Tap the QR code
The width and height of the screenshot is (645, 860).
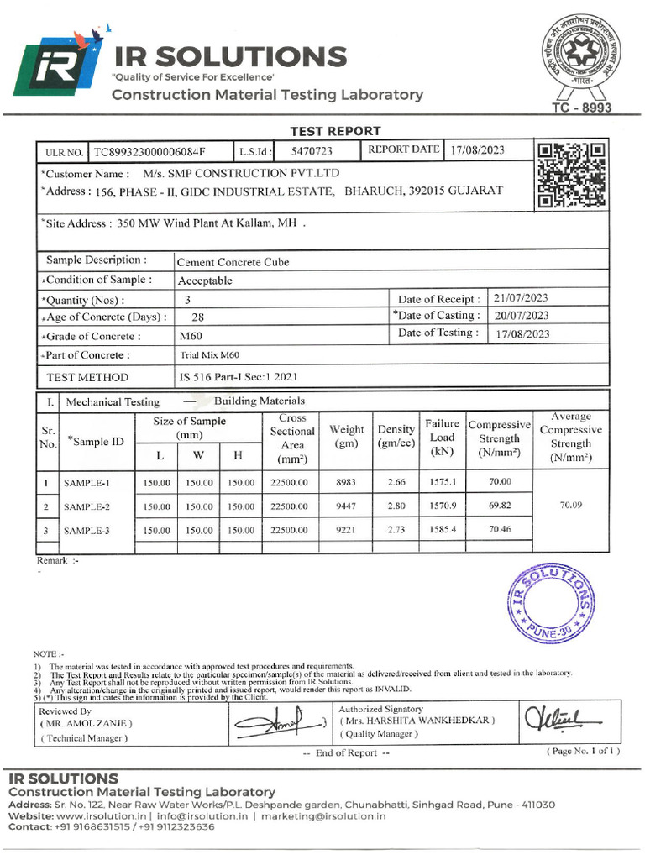coord(571,176)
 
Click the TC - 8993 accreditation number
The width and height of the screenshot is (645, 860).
coord(581,108)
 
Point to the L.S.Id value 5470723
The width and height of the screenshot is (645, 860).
coord(312,151)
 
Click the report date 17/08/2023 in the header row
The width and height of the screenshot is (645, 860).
coord(477,150)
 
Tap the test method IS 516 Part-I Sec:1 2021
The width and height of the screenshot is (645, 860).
coord(238,377)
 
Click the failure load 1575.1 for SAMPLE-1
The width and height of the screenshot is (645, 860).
coord(441,482)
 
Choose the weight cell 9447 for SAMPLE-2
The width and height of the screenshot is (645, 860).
coord(346,506)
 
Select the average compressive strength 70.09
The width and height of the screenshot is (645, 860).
coord(570,506)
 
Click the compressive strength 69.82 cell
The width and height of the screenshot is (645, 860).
coord(500,506)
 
